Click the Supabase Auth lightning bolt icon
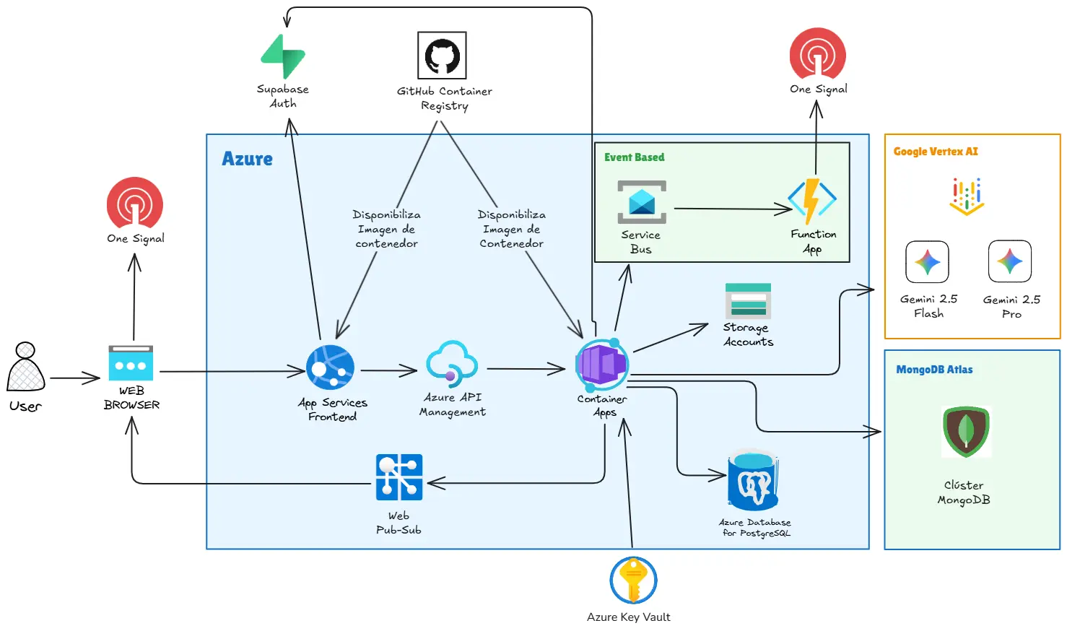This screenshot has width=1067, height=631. click(283, 56)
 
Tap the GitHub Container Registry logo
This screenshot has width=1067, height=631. click(442, 56)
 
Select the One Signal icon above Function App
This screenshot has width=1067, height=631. click(817, 54)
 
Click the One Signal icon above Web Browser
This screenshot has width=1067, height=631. click(135, 204)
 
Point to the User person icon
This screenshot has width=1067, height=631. click(26, 367)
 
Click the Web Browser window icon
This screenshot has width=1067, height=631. click(131, 363)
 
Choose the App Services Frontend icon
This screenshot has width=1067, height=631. click(330, 367)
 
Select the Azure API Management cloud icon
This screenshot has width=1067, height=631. click(452, 365)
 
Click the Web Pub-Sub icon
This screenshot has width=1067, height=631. click(399, 477)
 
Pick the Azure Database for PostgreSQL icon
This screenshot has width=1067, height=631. click(753, 480)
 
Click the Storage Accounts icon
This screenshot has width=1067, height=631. click(748, 301)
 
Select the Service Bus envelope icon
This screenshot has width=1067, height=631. click(642, 202)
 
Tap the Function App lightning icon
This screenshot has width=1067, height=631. click(812, 201)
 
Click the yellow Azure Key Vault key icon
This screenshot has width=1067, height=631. click(633, 580)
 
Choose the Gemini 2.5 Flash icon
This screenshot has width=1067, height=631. click(928, 261)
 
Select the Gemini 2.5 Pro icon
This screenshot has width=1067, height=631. click(1010, 261)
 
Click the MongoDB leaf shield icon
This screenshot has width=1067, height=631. click(966, 432)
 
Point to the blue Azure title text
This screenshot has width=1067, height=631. click(247, 159)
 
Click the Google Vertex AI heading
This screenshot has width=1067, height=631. click(936, 152)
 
